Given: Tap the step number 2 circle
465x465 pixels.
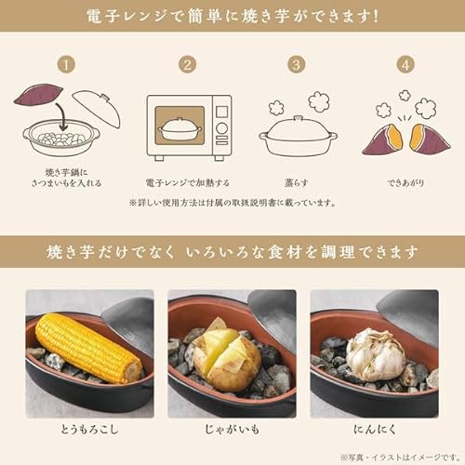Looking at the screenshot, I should click(x=187, y=66).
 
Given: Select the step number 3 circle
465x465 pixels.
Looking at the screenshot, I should click(x=297, y=66).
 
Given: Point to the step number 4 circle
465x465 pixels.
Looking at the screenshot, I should click(x=405, y=66).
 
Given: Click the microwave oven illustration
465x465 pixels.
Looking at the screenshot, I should click(x=189, y=126).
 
